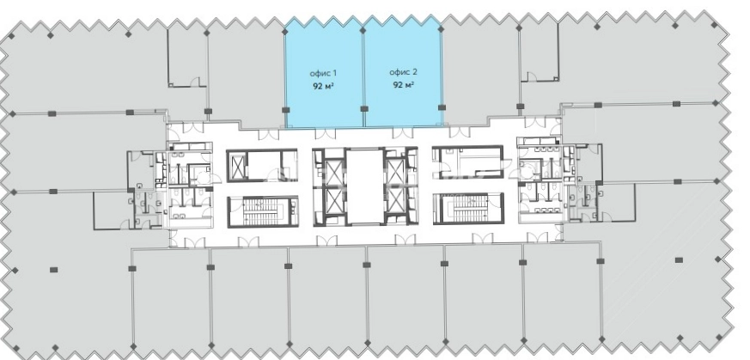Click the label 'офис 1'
323,73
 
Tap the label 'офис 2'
403,72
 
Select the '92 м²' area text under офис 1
323,86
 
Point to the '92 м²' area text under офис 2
403,85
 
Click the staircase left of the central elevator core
263,211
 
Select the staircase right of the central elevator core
468,207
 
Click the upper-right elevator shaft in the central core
395,172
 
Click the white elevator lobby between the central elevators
364,186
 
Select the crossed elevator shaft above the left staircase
237,166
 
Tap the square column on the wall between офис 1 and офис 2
364,108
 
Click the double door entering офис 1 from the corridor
325,133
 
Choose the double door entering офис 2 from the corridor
403,133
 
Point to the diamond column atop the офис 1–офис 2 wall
363,31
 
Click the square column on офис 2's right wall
442,107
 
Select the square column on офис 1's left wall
285,110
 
